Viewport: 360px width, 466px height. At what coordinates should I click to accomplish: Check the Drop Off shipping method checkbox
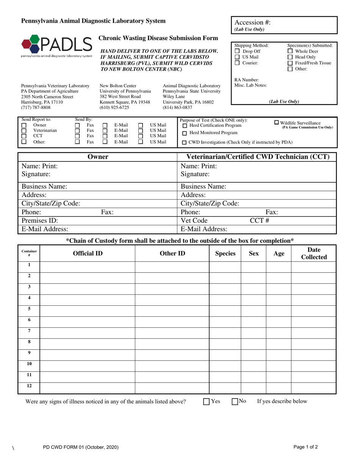click(237, 51)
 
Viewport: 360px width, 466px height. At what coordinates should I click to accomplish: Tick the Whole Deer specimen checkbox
click(290, 51)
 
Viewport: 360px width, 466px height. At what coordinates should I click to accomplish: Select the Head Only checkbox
click(290, 57)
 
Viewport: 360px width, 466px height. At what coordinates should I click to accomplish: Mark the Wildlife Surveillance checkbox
click(276, 122)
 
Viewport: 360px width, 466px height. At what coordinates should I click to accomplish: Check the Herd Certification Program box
click(185, 126)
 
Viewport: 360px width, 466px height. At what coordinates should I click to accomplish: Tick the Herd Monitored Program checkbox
click(185, 133)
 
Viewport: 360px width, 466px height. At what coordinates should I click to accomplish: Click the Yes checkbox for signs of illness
click(207, 402)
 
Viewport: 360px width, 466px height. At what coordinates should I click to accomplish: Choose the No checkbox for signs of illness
click(235, 402)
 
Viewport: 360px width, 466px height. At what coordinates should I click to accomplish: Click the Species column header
click(225, 253)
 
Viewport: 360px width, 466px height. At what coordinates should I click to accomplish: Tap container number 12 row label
click(29, 386)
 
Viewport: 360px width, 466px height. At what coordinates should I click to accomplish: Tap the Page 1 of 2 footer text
click(305, 447)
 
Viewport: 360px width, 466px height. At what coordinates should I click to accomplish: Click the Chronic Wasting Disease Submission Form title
click(158, 38)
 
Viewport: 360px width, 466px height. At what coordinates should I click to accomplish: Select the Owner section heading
click(98, 157)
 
